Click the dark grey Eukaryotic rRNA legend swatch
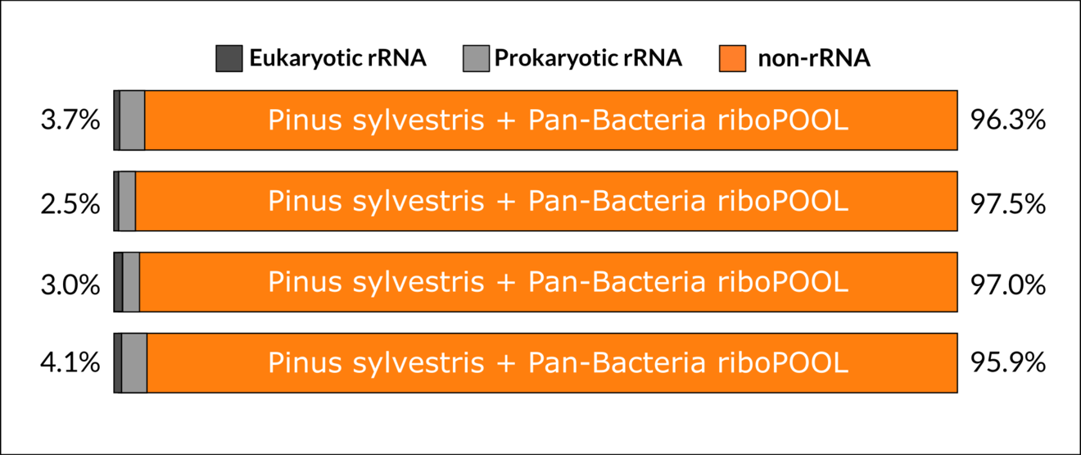point(228,58)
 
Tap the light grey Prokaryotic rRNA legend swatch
point(476,58)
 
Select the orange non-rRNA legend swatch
point(732,58)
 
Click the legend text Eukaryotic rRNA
point(337,58)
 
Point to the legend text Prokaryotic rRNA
point(588,58)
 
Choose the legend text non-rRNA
point(814,58)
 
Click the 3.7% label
point(70,120)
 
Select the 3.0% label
point(70,284)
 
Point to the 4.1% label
point(70,362)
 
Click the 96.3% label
point(1008,120)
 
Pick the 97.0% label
point(1008,284)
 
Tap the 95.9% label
point(1008,362)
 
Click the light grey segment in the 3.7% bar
point(132,121)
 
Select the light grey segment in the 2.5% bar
point(128,201)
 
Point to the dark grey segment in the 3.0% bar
point(118,282)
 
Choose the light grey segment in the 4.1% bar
point(134,362)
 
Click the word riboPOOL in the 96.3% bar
point(783,120)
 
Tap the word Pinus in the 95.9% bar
point(305,362)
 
